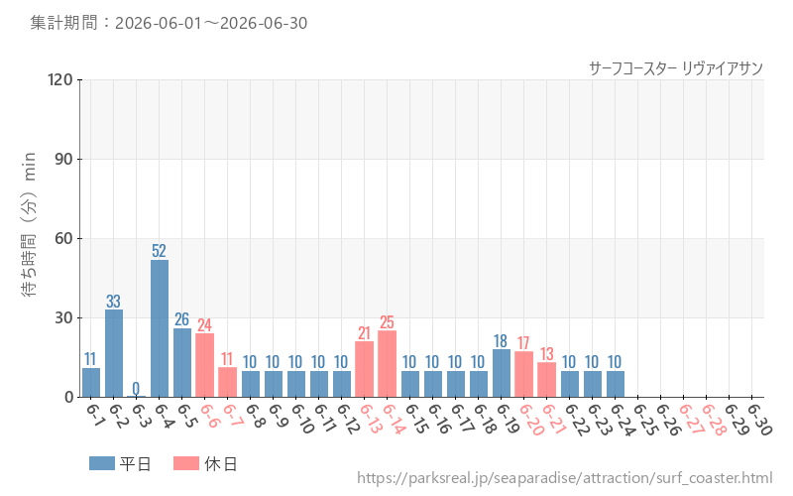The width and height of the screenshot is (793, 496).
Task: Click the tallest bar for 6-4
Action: tap(160, 328)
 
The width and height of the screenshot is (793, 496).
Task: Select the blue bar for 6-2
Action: tap(114, 353)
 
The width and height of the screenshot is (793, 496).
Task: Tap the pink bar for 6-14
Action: tap(388, 364)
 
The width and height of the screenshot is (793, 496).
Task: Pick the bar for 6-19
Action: tap(502, 373)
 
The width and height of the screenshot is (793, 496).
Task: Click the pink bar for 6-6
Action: tap(205, 365)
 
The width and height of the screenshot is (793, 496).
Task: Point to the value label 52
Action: tap(159, 251)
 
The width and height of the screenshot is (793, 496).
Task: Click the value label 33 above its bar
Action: tap(113, 302)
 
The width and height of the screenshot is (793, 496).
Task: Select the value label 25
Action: tap(387, 321)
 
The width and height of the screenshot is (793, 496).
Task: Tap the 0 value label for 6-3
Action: tap(136, 388)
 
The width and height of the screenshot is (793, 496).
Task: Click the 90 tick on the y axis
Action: tap(63, 159)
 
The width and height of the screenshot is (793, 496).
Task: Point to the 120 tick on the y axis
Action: tap(60, 79)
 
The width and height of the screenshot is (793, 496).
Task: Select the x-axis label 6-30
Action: tap(758, 419)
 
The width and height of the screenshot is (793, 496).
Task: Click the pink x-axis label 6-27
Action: tap(691, 419)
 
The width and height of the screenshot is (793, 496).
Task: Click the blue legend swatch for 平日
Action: tap(102, 463)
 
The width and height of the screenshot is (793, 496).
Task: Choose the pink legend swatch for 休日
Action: tap(186, 463)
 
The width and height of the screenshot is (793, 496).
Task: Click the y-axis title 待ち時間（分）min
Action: tap(29, 224)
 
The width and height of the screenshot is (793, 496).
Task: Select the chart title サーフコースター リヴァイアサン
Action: tap(676, 68)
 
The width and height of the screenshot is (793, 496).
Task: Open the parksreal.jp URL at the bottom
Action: tap(565, 478)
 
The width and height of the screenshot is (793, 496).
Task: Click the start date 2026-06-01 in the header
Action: tap(158, 23)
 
